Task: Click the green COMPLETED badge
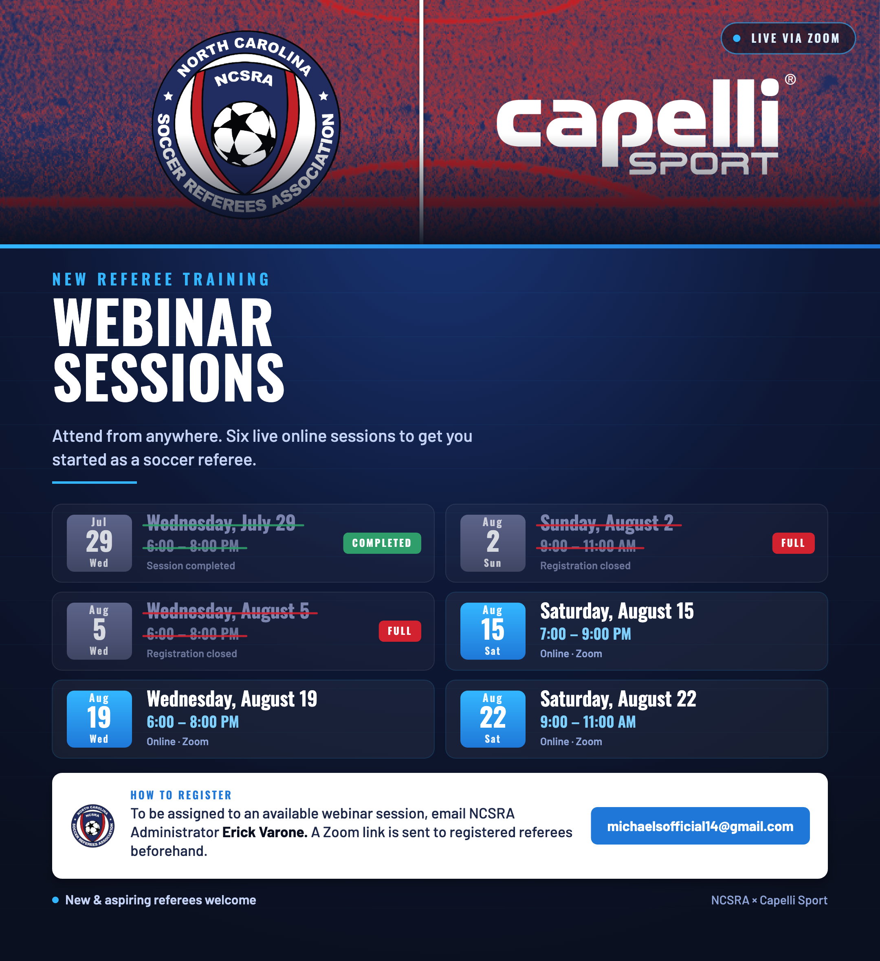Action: [x=382, y=543]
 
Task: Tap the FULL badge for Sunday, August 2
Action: [x=793, y=543]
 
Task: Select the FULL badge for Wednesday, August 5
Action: [x=400, y=631]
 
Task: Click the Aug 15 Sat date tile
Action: [x=493, y=631]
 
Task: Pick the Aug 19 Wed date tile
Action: [x=99, y=719]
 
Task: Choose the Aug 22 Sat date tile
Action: [x=493, y=719]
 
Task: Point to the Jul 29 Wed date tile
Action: [x=99, y=543]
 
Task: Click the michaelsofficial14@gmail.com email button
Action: [x=700, y=826]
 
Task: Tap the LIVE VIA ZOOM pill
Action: [x=788, y=38]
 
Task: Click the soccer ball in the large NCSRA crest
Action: [x=244, y=134]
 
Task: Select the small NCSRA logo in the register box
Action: [x=92, y=826]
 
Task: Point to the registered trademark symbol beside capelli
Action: [x=790, y=79]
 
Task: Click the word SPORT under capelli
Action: [x=704, y=164]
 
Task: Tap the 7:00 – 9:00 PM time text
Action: [x=585, y=634]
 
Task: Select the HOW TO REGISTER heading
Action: [x=181, y=795]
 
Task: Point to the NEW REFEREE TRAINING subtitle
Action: [x=161, y=279]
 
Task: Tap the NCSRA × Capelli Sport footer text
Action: [x=769, y=900]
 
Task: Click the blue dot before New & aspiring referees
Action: [x=55, y=900]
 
